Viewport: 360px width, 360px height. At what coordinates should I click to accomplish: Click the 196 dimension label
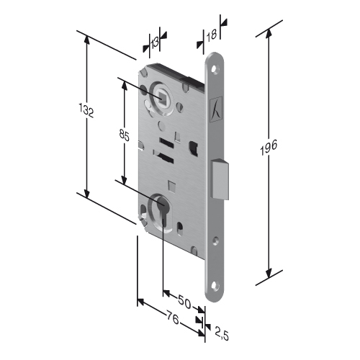point(269,147)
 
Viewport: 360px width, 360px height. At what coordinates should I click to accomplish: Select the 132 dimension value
point(86,110)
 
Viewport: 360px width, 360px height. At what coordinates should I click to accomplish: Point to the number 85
point(125,135)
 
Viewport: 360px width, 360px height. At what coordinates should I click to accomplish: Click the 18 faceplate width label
point(212,35)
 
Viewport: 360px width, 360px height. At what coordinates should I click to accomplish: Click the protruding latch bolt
point(220,179)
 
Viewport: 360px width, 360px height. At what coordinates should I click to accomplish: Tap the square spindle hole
point(161,97)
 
